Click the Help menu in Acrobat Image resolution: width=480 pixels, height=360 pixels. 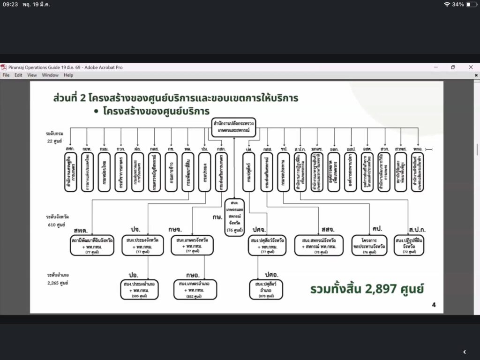(x=68, y=75)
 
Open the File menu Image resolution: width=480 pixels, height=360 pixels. (x=6, y=75)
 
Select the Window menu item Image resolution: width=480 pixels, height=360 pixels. (x=50, y=75)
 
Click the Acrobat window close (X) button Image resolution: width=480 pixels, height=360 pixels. (x=471, y=67)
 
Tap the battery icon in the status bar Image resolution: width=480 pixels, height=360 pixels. (x=471, y=4)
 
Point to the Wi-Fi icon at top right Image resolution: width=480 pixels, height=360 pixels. (x=447, y=4)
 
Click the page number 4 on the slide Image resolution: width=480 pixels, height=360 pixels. (x=434, y=305)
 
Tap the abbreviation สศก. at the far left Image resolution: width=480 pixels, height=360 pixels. (x=71, y=149)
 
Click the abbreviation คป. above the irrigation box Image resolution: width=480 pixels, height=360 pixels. (x=377, y=228)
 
